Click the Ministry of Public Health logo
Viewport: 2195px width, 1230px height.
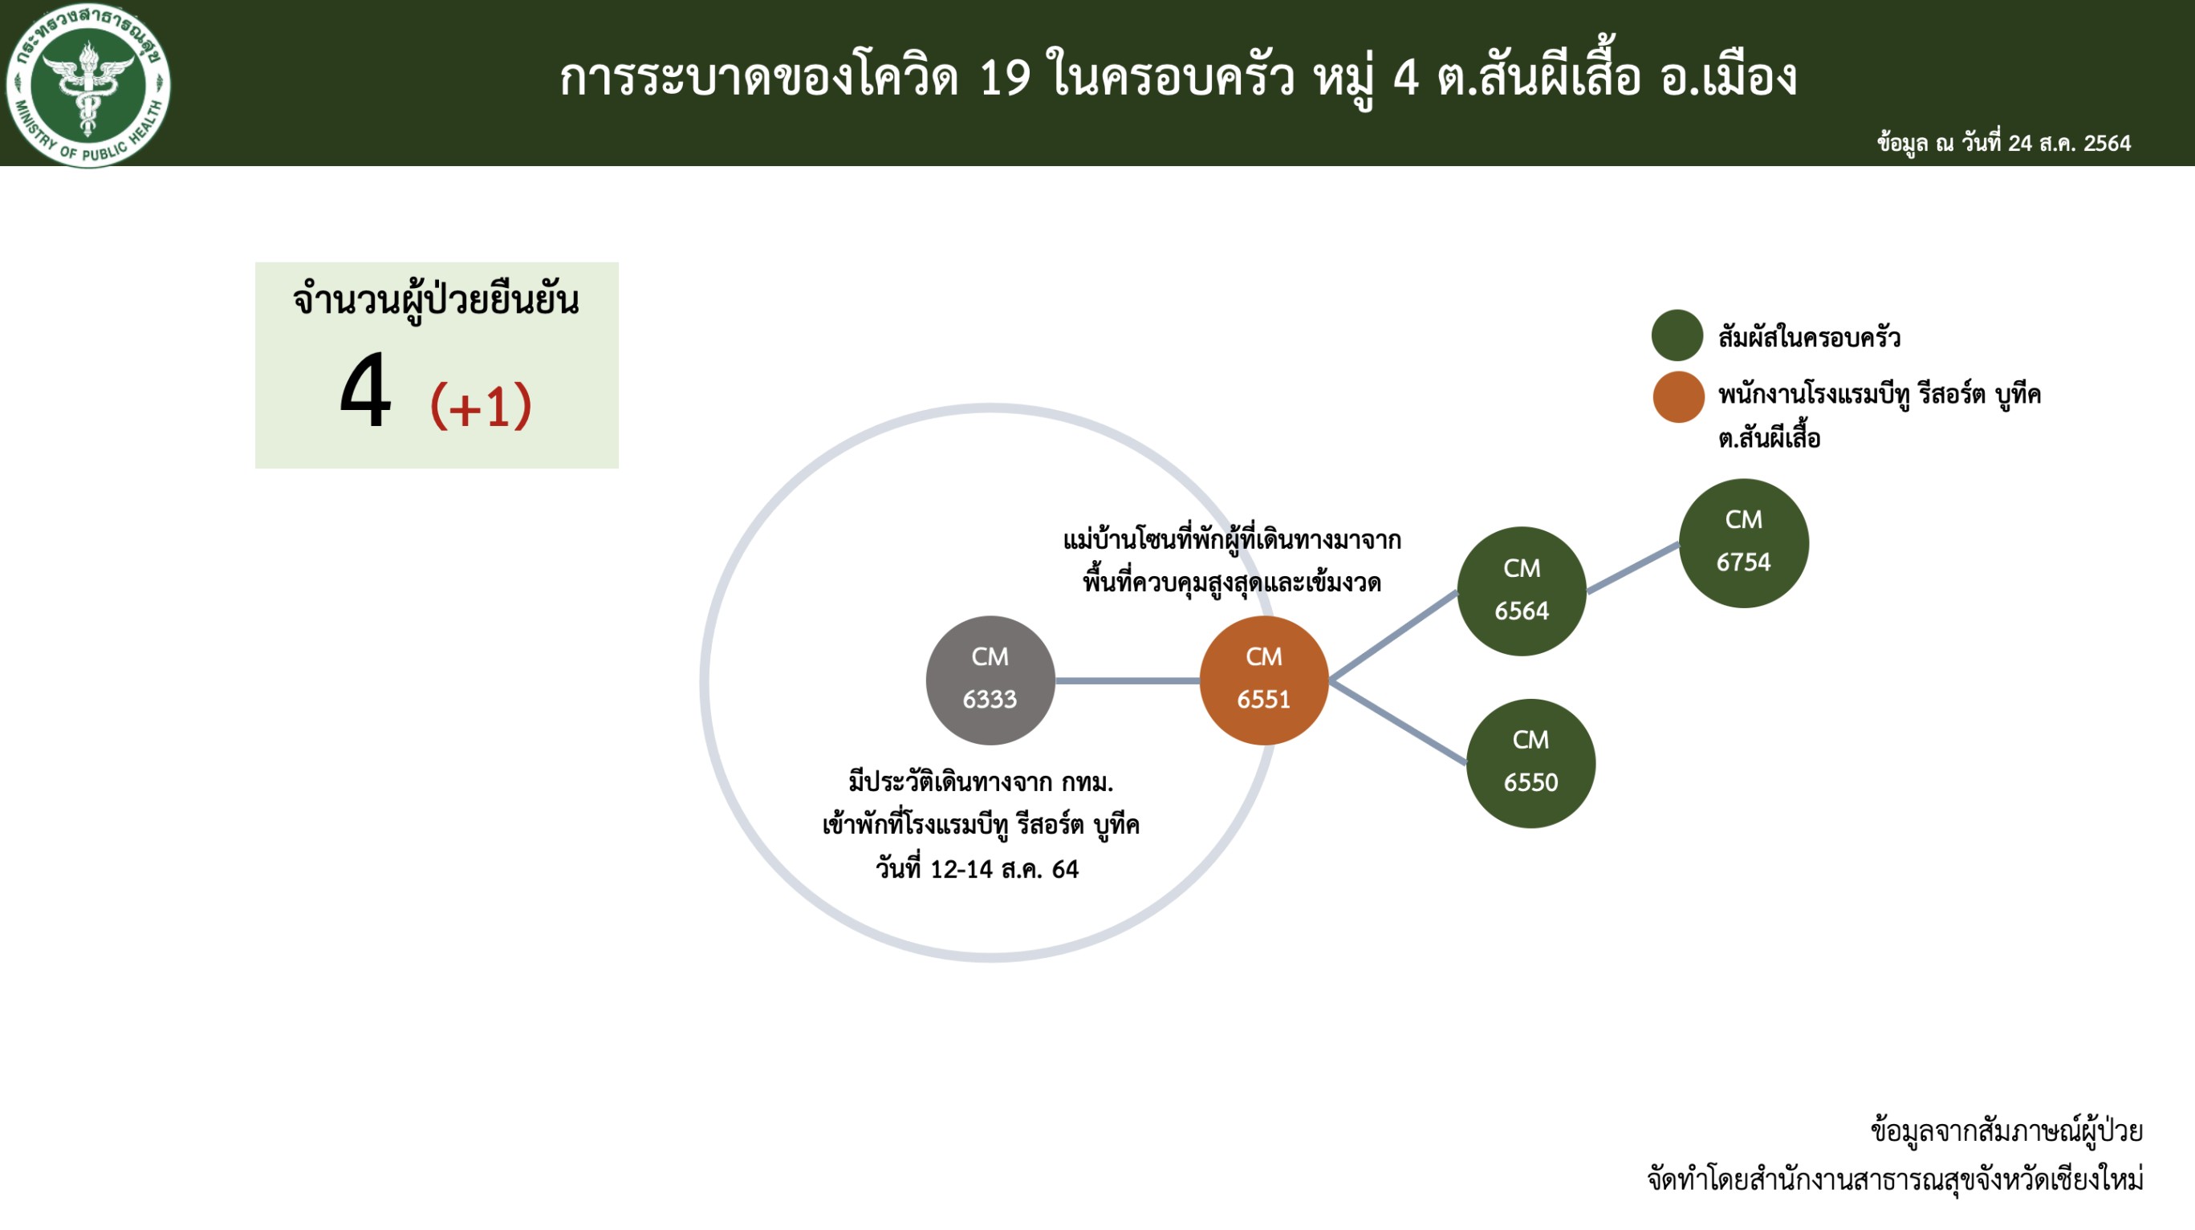[87, 84]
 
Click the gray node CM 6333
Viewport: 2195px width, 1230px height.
[990, 680]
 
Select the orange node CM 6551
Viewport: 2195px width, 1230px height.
[1264, 680]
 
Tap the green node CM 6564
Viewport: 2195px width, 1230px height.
[1522, 591]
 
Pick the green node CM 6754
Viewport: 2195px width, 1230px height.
[1743, 542]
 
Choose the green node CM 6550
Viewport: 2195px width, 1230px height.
[1530, 763]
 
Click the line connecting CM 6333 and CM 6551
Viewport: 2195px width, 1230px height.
[1128, 680]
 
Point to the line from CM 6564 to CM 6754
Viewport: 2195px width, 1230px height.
[1632, 567]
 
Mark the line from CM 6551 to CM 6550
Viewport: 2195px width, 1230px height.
[1398, 721]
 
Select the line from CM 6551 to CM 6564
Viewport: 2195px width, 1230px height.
[1394, 635]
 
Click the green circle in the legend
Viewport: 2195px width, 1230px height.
[1677, 335]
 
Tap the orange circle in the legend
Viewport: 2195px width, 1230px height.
[1678, 397]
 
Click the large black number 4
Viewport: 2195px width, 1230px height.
[365, 392]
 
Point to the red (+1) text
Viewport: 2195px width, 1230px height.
[481, 405]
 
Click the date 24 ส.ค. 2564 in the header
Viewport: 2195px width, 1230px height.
[2069, 143]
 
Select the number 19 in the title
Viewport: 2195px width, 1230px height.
[1006, 78]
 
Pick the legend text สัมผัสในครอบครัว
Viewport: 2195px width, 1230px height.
[1809, 337]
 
